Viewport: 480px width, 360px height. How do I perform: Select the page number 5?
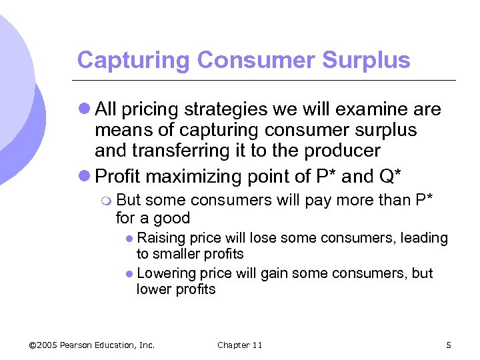pyautogui.click(x=449, y=345)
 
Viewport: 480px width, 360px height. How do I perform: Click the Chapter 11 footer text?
pyautogui.click(x=240, y=345)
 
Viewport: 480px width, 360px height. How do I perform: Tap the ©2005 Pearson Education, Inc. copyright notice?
pyautogui.click(x=92, y=345)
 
